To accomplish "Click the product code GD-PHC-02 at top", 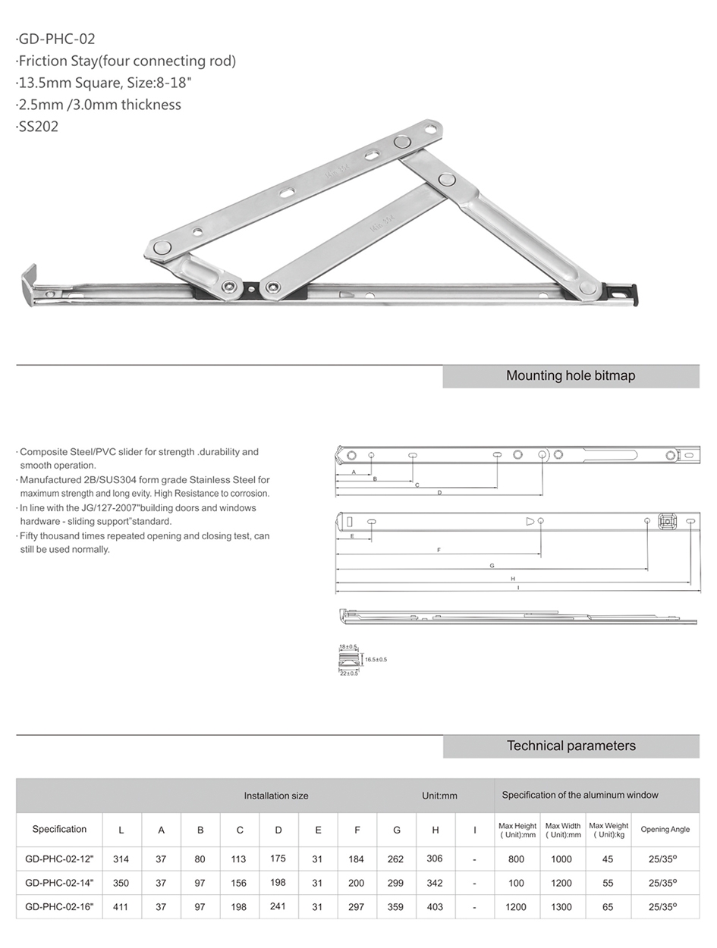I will pyautogui.click(x=57, y=39).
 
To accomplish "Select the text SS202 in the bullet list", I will pyautogui.click(x=39, y=127).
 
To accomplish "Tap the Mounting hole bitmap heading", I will pyautogui.click(x=570, y=376).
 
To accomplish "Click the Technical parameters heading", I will pyautogui.click(x=571, y=746).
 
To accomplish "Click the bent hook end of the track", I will pyautogui.click(x=29, y=283).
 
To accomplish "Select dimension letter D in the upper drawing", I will pyautogui.click(x=439, y=493).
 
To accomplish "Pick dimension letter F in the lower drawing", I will pyautogui.click(x=439, y=550).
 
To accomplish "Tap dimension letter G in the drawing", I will pyautogui.click(x=492, y=566).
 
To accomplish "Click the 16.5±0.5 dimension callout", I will pyautogui.click(x=376, y=660).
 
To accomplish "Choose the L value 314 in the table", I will pyautogui.click(x=121, y=859).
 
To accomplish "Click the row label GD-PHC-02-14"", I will pyautogui.click(x=59, y=883).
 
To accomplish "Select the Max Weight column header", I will pyautogui.click(x=609, y=830).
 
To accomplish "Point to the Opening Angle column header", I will pyautogui.click(x=665, y=830).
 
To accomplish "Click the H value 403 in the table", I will pyautogui.click(x=436, y=906).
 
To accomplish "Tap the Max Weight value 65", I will pyautogui.click(x=608, y=906).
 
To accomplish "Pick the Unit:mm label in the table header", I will pyautogui.click(x=439, y=796).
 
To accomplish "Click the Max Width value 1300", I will pyautogui.click(x=561, y=906).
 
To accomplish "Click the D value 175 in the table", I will pyautogui.click(x=278, y=859).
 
